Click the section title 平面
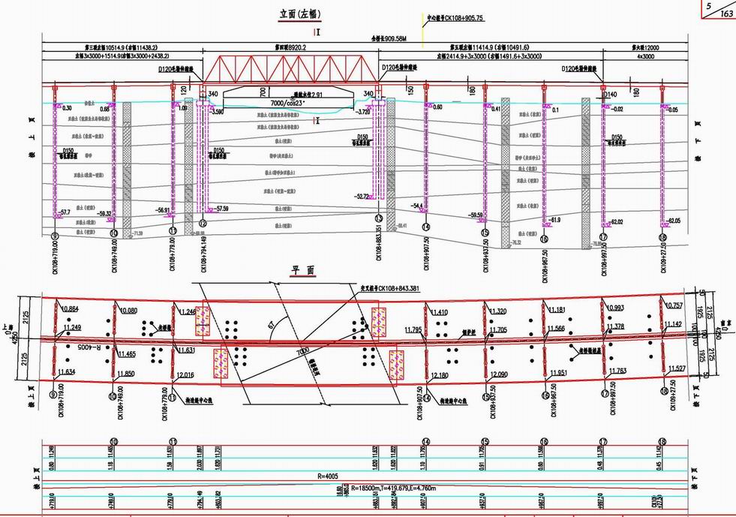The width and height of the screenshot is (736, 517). (302, 272)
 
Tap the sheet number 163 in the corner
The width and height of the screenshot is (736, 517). (725, 14)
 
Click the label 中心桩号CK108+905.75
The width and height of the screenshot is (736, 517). (455, 17)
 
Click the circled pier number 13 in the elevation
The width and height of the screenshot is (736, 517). (379, 218)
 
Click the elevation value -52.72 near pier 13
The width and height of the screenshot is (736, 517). (363, 197)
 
